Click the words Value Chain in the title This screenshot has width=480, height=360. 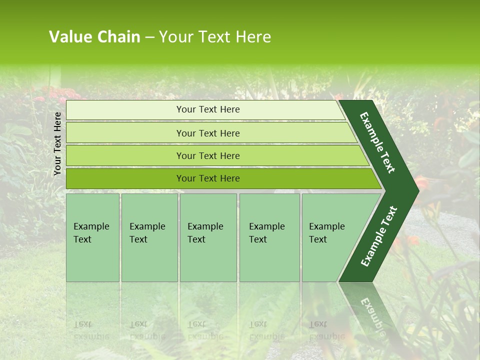tap(94, 37)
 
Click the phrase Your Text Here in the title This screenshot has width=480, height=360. tap(215, 37)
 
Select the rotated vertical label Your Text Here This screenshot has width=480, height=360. tap(58, 143)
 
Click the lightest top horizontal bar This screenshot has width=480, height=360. tap(125, 110)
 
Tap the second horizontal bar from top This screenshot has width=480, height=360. tap(125, 133)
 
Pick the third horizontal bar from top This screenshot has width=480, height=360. tap(125, 155)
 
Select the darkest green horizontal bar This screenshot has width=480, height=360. tap(125, 178)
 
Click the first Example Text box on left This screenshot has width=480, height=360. tap(92, 237)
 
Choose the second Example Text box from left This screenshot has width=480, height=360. tap(149, 237)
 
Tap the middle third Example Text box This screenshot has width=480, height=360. tap(208, 237)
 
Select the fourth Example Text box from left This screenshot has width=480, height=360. tap(269, 237)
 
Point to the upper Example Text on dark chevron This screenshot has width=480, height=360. tap(377, 142)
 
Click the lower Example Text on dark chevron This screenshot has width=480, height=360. tap(379, 236)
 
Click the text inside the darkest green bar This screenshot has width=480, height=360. tap(208, 178)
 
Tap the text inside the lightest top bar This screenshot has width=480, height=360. tap(208, 109)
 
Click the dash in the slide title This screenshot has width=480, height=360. tap(149, 37)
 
